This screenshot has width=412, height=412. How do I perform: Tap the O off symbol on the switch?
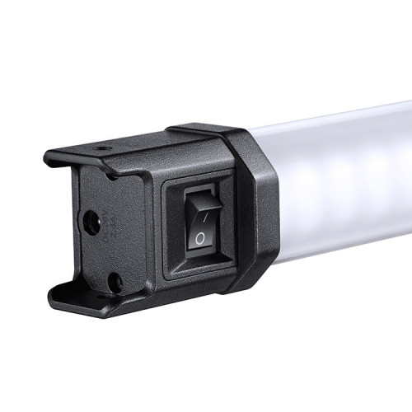(199, 238)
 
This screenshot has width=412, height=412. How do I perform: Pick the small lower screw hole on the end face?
(115, 282)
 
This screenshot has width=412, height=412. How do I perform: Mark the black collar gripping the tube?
(255, 206)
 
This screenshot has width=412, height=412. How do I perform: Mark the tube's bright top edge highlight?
(346, 115)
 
